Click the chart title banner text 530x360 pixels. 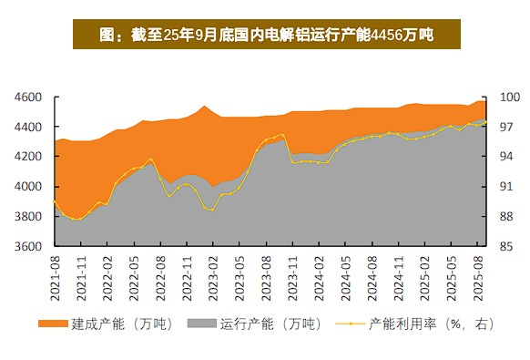coord(265,36)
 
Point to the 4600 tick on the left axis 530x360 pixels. coord(29,97)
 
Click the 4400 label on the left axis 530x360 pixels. coord(29,127)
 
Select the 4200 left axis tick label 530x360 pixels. coord(29,157)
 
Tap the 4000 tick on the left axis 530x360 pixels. coord(29,187)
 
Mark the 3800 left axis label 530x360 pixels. coord(29,217)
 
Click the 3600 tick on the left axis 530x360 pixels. coord(29,247)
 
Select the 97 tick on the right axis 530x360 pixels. coord(507,127)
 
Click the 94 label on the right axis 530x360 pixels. coord(507,157)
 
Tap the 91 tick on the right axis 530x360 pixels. coord(507,187)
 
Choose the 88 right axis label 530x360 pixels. coord(507,217)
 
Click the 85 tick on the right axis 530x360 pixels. coord(507,247)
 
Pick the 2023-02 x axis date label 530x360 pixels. coord(214,273)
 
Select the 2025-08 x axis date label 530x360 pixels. coord(481,273)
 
